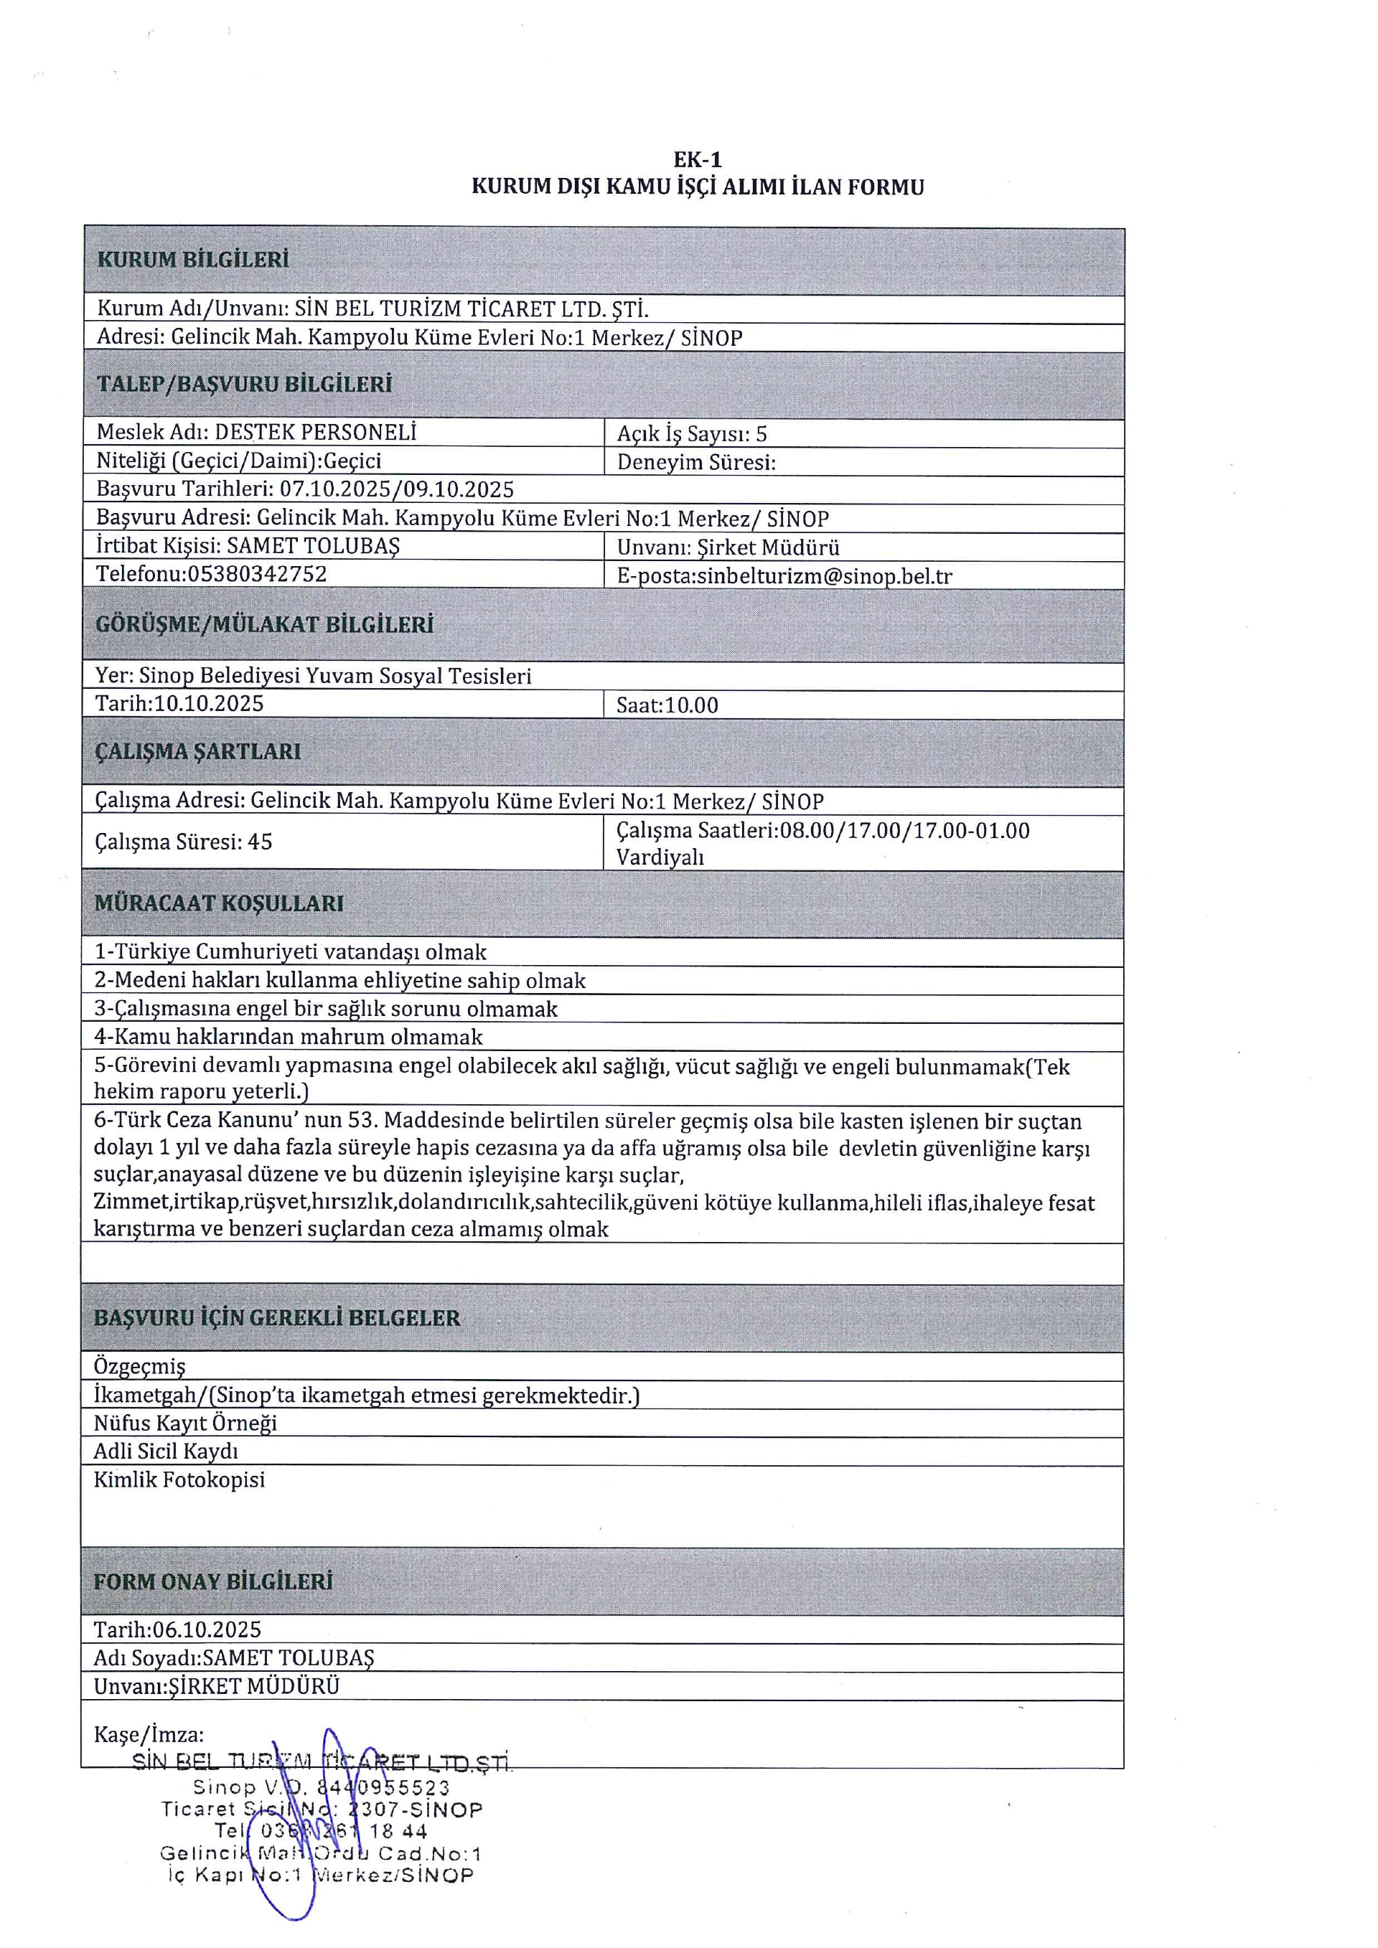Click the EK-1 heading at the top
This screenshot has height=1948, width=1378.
coord(697,159)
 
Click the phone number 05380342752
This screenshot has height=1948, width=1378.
coord(257,575)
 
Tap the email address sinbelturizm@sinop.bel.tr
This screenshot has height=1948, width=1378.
coord(824,576)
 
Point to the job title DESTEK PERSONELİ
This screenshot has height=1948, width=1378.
coord(315,433)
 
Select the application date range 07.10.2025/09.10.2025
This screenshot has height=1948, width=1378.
coord(396,489)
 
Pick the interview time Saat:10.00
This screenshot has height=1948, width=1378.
coord(667,705)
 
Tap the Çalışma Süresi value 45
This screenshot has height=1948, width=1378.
coord(260,842)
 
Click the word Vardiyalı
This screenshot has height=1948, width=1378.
coord(660,857)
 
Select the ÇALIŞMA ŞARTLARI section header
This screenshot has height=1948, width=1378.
coord(197,752)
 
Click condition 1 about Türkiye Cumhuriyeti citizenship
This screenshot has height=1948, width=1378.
coord(290,952)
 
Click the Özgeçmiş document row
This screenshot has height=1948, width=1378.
coord(139,1367)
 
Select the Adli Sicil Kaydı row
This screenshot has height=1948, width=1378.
coord(166,1451)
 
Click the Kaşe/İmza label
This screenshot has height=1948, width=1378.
coord(149,1734)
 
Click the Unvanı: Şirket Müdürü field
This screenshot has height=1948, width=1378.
coord(728,548)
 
